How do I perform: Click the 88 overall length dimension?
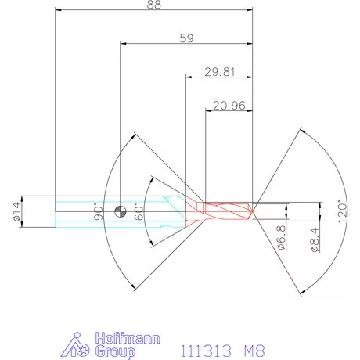point(154,5)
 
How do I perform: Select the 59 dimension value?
point(186,38)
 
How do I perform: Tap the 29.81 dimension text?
point(220,72)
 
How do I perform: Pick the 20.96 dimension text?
point(229,106)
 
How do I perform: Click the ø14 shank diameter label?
point(17,211)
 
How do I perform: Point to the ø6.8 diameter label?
point(281,237)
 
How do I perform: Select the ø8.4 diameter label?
point(315,239)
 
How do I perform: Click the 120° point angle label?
point(343,212)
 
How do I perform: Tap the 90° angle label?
point(99,211)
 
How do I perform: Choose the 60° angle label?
point(139,211)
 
